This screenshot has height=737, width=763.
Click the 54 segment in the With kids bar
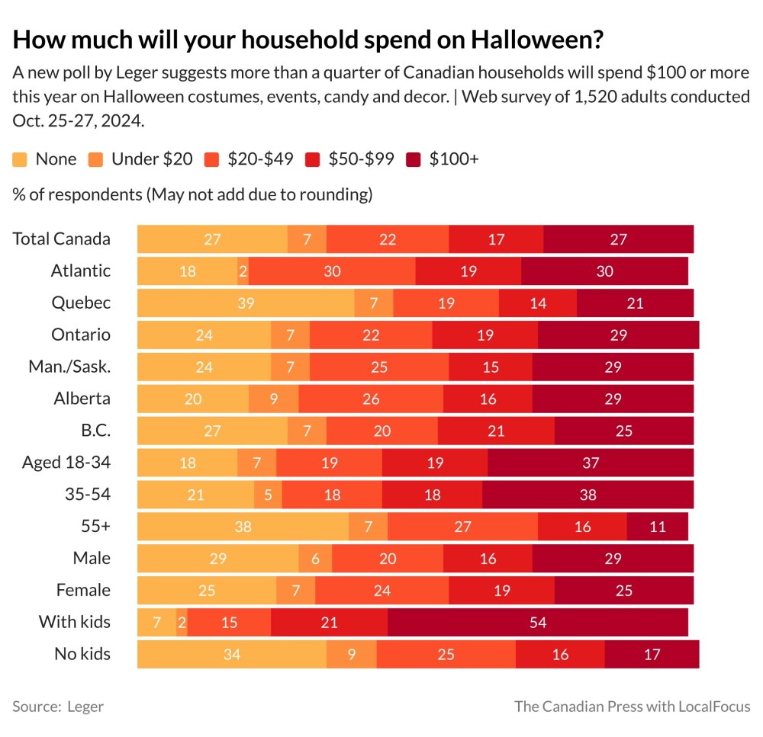click(538, 622)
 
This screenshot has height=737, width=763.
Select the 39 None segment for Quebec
click(246, 303)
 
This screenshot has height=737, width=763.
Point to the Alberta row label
click(82, 398)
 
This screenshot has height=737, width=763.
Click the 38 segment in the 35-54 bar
click(588, 494)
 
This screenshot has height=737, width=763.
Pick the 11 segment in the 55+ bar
click(657, 526)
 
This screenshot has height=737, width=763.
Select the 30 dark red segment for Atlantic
click(604, 271)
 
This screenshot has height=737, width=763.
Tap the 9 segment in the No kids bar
click(351, 654)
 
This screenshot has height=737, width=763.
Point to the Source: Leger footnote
click(58, 707)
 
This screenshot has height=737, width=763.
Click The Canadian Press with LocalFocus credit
click(632, 707)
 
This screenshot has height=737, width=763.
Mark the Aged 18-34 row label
click(66, 462)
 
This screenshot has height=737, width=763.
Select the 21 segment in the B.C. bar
click(496, 430)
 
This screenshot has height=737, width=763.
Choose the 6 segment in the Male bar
click(315, 558)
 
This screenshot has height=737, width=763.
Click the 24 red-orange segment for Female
click(381, 590)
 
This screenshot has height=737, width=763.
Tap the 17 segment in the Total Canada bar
click(496, 239)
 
